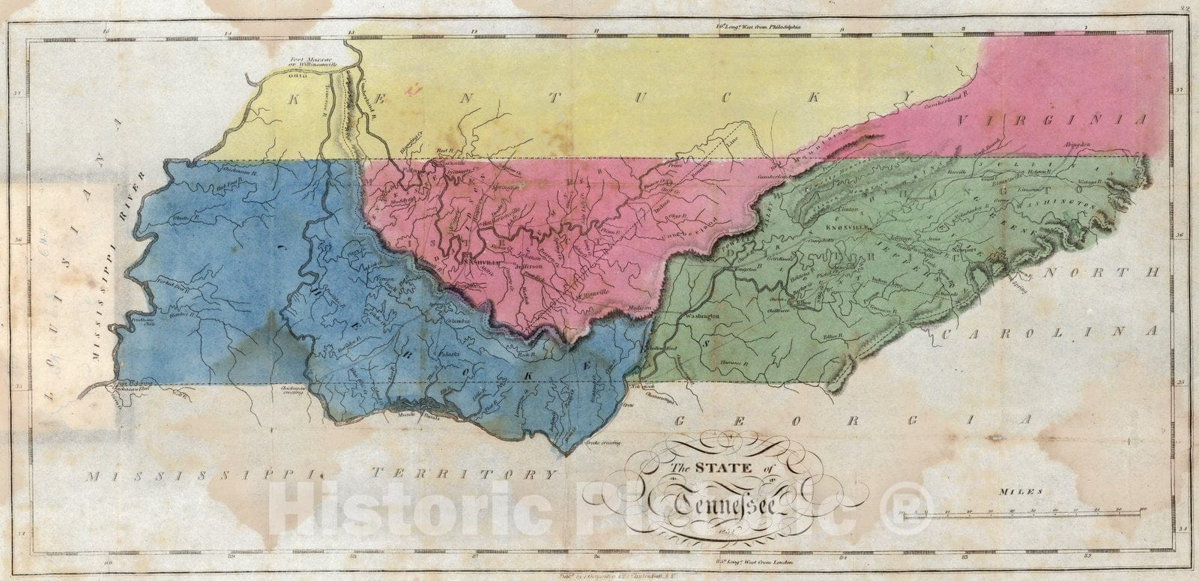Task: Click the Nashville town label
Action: [477, 262]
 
